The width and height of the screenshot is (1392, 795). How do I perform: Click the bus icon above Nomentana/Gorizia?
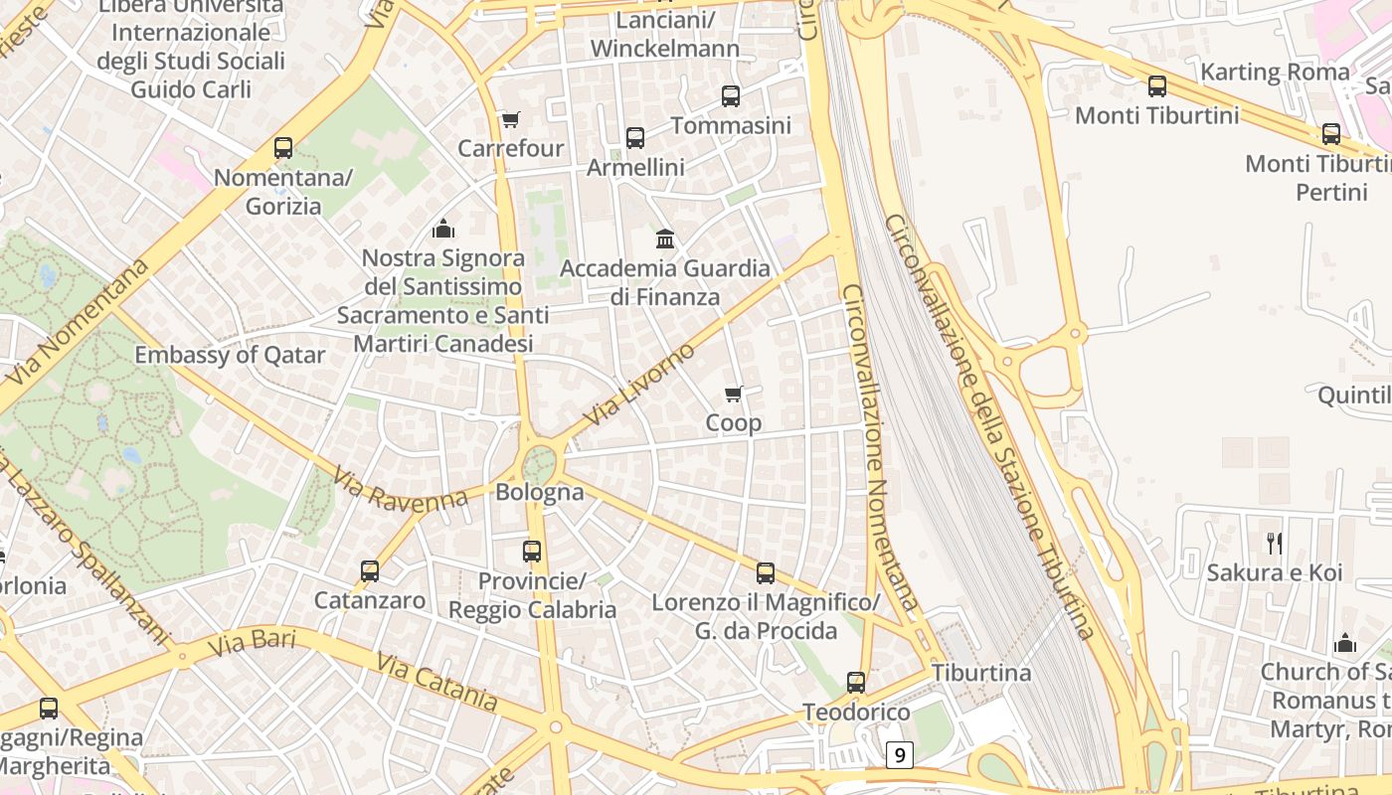click(283, 149)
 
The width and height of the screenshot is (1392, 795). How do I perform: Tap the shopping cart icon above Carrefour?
click(510, 120)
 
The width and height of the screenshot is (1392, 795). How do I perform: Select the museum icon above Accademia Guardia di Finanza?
click(665, 238)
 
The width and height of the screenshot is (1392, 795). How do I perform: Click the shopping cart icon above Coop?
click(734, 395)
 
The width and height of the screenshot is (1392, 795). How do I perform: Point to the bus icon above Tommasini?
click(731, 96)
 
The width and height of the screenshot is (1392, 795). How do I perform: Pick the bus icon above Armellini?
click(635, 138)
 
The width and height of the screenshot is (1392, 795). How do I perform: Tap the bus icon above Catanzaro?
click(370, 571)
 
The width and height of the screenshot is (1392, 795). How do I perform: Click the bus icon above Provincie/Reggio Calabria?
click(532, 552)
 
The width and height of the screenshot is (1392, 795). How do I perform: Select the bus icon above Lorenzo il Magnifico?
click(766, 573)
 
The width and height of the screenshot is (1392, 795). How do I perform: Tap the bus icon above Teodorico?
click(856, 683)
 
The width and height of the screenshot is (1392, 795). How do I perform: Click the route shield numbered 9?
click(899, 755)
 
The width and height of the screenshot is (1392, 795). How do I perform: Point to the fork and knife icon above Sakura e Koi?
click(1275, 544)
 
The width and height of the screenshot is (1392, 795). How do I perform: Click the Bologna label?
click(540, 492)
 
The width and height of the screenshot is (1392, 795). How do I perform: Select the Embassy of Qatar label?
click(230, 356)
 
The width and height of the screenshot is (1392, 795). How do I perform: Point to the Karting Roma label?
click(1276, 73)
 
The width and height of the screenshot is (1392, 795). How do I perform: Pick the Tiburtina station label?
click(981, 673)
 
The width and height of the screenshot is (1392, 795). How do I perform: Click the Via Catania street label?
click(437, 682)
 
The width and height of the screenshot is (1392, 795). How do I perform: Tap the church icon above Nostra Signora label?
click(443, 230)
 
